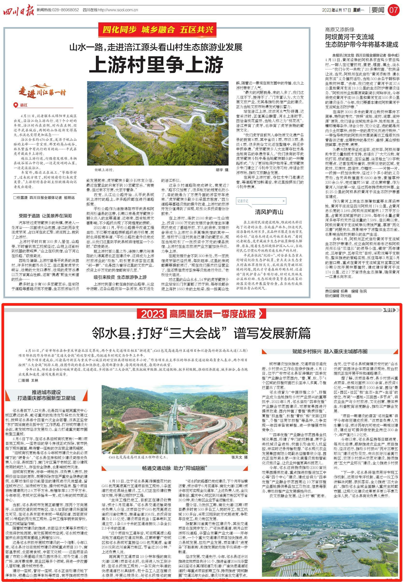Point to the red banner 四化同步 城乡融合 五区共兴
coord(158,30)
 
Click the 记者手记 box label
coord(243,201)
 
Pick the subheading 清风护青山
coord(269,212)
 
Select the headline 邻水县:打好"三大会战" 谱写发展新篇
coord(201,333)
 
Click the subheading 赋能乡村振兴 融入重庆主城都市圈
coord(330,351)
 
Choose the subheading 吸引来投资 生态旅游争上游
coord(120,277)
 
